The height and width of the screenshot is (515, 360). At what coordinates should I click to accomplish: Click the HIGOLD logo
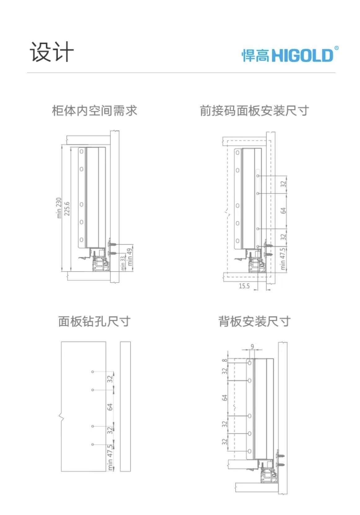(290, 55)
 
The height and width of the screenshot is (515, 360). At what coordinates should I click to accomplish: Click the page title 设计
(52, 52)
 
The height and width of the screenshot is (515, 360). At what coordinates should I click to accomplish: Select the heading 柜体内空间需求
(94, 111)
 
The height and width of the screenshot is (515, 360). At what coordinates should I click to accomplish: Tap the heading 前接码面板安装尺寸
(254, 111)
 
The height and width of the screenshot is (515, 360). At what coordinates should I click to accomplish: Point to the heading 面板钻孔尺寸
(94, 321)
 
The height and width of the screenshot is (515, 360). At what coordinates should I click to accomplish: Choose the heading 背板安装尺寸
(254, 321)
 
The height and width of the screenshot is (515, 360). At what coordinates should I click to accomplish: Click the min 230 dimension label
(59, 208)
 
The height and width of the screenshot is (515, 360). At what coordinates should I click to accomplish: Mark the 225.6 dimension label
(67, 209)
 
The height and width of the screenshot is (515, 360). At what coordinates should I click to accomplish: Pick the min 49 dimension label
(130, 257)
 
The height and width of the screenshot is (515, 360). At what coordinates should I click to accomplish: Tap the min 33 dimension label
(123, 263)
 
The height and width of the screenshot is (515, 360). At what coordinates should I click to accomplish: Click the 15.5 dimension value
(244, 286)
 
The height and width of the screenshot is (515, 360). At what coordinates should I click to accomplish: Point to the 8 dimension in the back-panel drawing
(225, 361)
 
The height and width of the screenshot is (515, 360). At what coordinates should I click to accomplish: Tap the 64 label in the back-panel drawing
(225, 397)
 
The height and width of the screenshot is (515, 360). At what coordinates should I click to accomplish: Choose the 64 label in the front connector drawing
(283, 210)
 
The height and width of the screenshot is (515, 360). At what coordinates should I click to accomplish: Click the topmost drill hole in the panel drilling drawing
(93, 372)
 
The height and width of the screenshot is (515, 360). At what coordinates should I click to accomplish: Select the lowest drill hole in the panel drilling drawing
(93, 444)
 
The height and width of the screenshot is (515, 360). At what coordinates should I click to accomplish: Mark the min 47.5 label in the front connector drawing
(283, 259)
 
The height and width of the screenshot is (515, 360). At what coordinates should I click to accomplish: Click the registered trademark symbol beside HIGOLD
(336, 48)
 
